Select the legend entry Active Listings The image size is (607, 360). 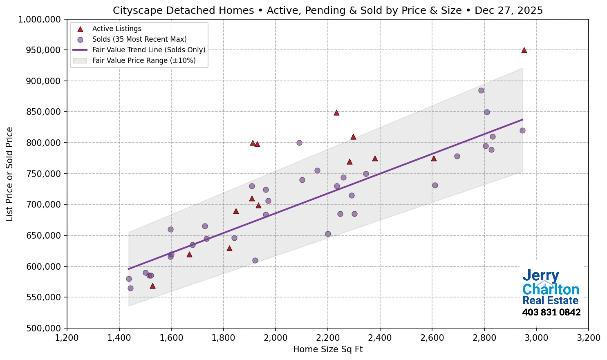coord(116,29)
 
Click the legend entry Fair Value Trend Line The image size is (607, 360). coord(149,50)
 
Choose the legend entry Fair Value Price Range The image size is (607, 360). coord(144,60)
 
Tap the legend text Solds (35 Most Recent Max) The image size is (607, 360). coord(139,39)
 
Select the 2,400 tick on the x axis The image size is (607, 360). coord(380,338)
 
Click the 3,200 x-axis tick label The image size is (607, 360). coord(588,338)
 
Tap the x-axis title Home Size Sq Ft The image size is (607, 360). coord(328,349)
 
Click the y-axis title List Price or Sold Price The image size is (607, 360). coord(10,174)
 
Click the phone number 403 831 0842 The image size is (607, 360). coord(551,313)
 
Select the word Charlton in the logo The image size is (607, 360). coord(551,289)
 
